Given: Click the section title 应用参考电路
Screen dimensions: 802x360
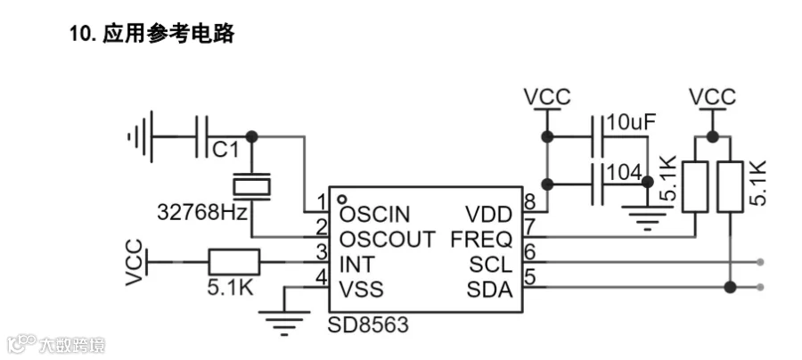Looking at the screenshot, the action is pyautogui.click(x=168, y=34).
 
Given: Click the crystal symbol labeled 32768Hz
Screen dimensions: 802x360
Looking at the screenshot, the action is pyautogui.click(x=251, y=186).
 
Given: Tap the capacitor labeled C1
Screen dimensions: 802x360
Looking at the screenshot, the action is pyautogui.click(x=202, y=136).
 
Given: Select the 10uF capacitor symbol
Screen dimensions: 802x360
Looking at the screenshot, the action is pyautogui.click(x=597, y=136).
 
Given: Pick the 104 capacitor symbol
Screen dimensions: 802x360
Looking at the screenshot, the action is pyautogui.click(x=597, y=184).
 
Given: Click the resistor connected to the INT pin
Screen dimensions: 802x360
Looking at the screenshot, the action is pyautogui.click(x=233, y=262).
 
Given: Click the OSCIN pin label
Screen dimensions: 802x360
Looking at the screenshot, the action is pyautogui.click(x=375, y=214).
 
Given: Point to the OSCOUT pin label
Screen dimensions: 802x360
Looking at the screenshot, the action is pyautogui.click(x=388, y=240).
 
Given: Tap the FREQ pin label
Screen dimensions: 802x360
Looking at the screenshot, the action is pyautogui.click(x=481, y=240).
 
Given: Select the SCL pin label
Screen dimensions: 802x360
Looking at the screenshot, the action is pyautogui.click(x=490, y=265).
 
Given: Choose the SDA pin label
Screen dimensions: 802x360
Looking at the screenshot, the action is pyautogui.click(x=489, y=290).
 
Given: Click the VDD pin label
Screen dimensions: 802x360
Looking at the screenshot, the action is pyautogui.click(x=488, y=214).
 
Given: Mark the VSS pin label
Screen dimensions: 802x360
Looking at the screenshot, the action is pyautogui.click(x=362, y=290).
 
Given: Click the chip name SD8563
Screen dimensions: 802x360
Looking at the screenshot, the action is pyautogui.click(x=368, y=324).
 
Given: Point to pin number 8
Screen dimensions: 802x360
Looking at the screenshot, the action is pyautogui.click(x=530, y=201).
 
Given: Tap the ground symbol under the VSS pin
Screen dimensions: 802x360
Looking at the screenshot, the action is pyautogui.click(x=284, y=323).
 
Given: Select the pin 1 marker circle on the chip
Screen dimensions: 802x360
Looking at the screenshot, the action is pyautogui.click(x=343, y=200).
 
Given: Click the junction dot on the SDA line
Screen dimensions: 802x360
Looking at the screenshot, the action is pyautogui.click(x=730, y=288).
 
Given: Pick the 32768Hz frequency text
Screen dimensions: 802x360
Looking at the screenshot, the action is pyautogui.click(x=202, y=212).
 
